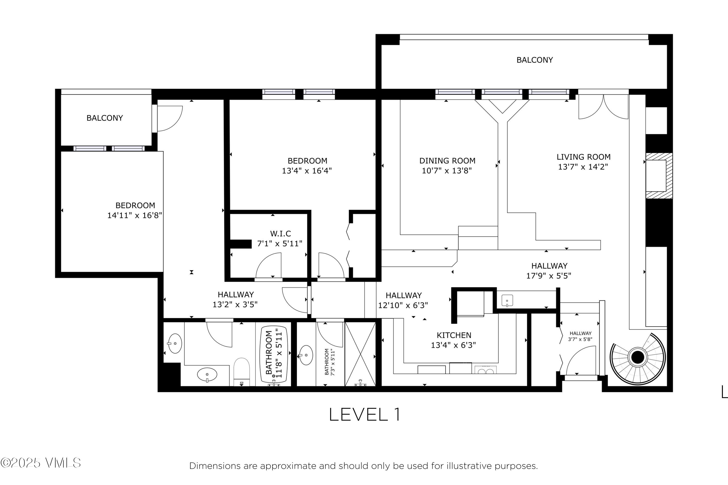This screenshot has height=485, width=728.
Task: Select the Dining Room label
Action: (x=447, y=161)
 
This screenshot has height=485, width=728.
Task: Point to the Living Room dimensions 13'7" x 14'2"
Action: (x=583, y=167)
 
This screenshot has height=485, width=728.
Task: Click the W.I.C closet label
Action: (x=281, y=234)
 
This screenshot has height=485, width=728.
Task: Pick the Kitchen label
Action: (x=454, y=335)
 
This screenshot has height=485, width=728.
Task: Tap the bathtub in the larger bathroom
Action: (x=274, y=354)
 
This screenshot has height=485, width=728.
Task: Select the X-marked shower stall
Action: (x=360, y=354)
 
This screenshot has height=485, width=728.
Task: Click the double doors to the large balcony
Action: (x=604, y=107)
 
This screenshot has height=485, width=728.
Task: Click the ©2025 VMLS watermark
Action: (x=41, y=463)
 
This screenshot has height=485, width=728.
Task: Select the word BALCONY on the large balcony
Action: (x=535, y=60)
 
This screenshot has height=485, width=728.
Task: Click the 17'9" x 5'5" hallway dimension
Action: (x=549, y=275)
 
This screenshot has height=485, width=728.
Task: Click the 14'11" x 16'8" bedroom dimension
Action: (x=135, y=215)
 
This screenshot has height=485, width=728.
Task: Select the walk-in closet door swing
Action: (x=269, y=265)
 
